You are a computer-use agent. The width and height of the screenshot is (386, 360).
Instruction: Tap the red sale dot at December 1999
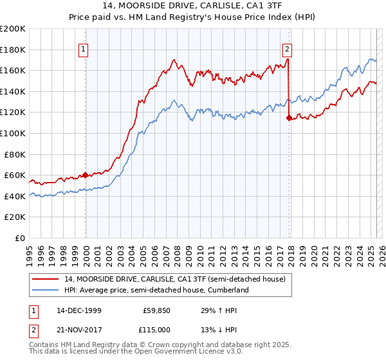tap(86, 175)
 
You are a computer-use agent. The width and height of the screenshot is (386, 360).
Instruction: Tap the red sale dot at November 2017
tap(289, 118)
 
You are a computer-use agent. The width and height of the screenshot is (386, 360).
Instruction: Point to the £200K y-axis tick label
tap(13, 29)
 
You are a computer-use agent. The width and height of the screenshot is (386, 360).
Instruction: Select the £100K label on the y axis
tap(13, 133)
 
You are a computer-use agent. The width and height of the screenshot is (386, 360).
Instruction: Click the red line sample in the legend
tap(46, 279)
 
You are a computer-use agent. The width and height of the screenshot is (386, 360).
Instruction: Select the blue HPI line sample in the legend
tap(46, 290)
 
